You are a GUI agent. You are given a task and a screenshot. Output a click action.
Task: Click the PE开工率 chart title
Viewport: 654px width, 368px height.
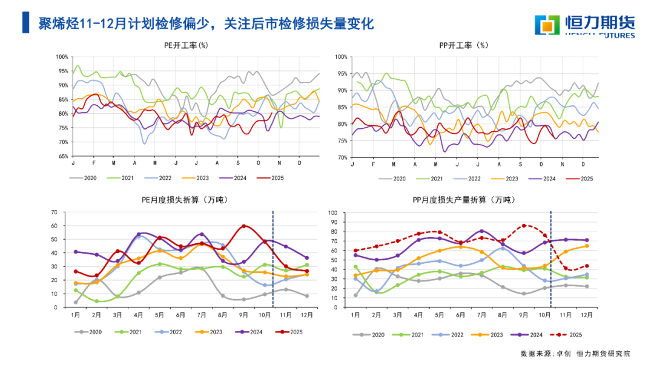(186, 45)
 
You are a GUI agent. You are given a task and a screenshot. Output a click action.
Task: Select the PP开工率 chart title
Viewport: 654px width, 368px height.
(463, 45)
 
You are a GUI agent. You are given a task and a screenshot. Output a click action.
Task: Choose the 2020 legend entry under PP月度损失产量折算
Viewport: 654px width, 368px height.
(372, 334)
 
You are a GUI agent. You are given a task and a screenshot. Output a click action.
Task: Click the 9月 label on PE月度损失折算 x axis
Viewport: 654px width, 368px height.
(244, 316)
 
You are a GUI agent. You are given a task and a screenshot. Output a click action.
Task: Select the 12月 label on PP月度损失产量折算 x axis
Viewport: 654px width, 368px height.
(586, 316)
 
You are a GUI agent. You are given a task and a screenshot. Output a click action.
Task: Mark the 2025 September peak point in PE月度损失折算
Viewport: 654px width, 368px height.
(244, 226)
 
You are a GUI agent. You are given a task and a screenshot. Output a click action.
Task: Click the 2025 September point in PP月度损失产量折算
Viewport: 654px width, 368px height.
(524, 226)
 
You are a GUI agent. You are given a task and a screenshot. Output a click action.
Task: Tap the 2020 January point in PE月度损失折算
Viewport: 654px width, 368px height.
(76, 302)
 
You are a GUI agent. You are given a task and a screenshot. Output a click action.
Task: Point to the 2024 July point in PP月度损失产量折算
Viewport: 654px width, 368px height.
(481, 231)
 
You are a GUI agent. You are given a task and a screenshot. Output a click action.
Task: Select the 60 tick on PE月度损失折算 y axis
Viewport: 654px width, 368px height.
(54, 226)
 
